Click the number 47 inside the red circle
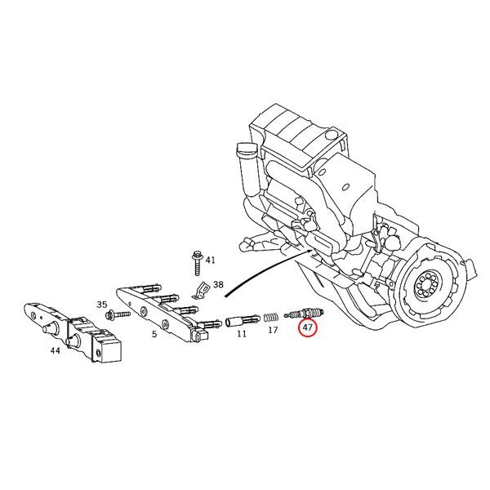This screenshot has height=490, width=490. pyautogui.click(x=308, y=328)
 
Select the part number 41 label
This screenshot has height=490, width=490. pyautogui.click(x=210, y=260)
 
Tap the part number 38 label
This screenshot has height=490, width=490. pyautogui.click(x=217, y=285)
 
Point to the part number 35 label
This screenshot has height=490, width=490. pyautogui.click(x=102, y=305)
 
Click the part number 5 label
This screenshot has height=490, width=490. pyautogui.click(x=154, y=333)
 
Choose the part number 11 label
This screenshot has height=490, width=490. pyautogui.click(x=242, y=334)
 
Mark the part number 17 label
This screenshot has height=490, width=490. pyautogui.click(x=273, y=330)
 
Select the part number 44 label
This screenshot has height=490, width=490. pyautogui.click(x=55, y=350)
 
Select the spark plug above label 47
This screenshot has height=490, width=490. pyautogui.click(x=305, y=313)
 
